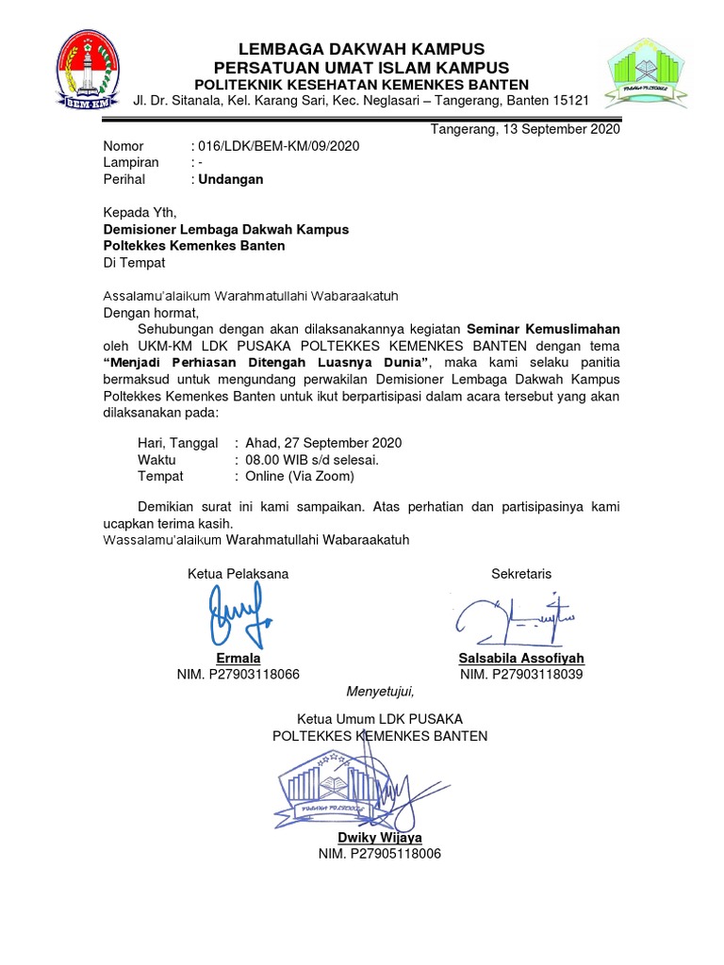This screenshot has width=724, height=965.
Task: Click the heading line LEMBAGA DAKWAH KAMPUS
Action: [362, 48]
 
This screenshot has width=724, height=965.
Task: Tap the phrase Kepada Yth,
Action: [139, 212]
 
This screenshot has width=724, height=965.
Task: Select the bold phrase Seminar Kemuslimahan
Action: [544, 329]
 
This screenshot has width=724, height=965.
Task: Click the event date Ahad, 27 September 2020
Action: [322, 443]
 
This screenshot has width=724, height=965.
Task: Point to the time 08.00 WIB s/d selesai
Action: [311, 460]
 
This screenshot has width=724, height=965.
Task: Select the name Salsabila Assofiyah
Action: [520, 658]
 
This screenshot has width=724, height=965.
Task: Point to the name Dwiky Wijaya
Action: [380, 837]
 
